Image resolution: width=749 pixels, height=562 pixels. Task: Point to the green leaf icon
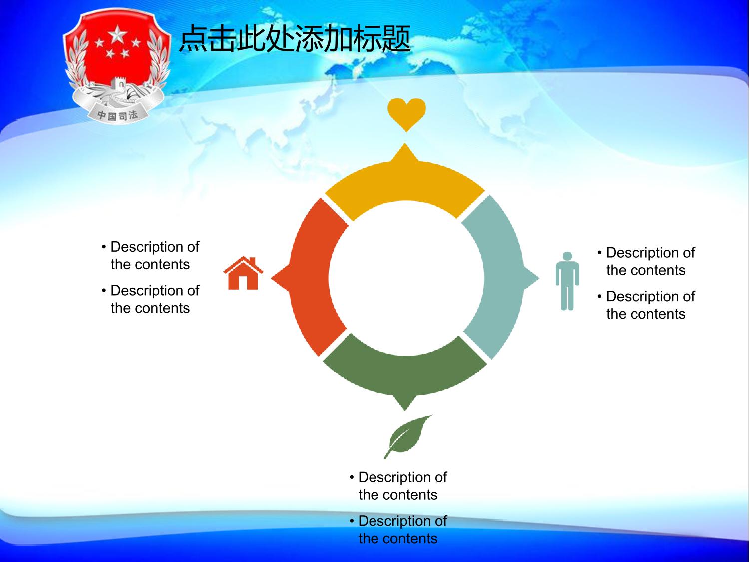[x=408, y=436]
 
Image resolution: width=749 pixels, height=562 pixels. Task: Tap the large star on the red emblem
[x=117, y=35]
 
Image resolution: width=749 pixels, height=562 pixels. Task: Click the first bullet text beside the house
[x=150, y=256]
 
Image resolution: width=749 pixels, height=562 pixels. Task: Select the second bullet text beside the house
[x=150, y=299]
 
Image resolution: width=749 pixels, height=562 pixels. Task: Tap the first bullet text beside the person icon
[x=646, y=261]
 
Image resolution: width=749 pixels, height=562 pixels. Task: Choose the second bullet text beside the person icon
[x=646, y=305]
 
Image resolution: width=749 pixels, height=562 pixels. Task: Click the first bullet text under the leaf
[x=398, y=486]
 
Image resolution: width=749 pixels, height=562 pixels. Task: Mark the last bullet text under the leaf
[x=398, y=529]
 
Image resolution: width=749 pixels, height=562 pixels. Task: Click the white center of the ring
[x=406, y=278]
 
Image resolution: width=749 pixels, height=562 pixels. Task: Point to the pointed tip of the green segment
[x=405, y=410]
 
